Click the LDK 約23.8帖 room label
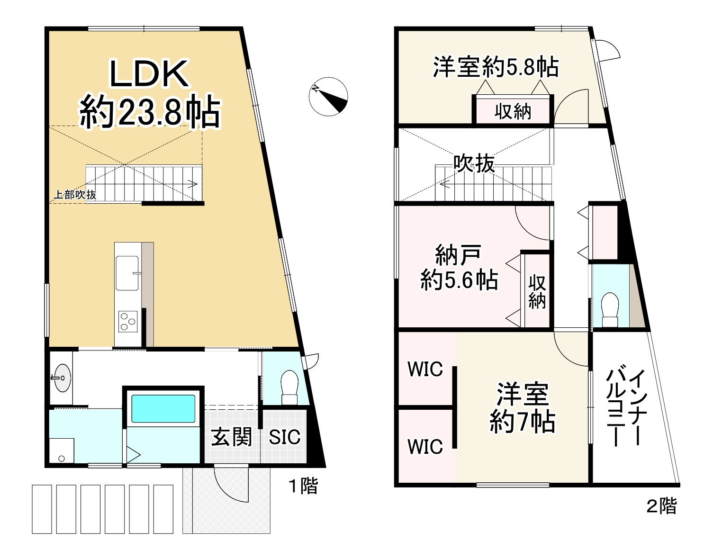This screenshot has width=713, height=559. tap(149, 95)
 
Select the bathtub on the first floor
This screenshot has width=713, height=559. tap(163, 408)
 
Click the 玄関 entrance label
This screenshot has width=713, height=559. tap(231, 437)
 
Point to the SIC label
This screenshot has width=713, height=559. tap(284, 437)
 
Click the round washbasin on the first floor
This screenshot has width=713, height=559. tap(62, 378)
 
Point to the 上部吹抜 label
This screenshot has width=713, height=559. tap(74, 194)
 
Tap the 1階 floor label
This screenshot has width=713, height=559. tap(303, 486)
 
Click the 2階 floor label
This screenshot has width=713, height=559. tap(661, 506)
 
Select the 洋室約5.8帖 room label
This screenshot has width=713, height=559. tap(496, 67)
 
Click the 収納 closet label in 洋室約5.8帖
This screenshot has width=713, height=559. tap(513, 112)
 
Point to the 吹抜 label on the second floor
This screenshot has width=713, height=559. tap(474, 164)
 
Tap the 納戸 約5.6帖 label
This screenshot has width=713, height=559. tap(459, 268)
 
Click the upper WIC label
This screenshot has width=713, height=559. tap(425, 369)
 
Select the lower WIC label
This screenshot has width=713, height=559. tap(425, 446)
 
